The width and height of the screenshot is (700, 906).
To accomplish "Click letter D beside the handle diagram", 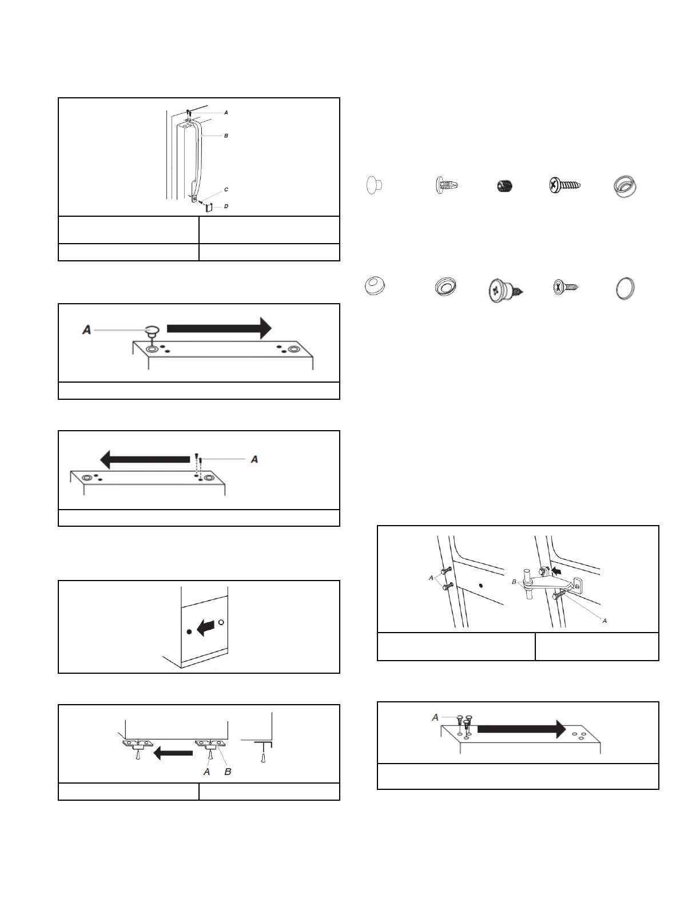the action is (226, 206).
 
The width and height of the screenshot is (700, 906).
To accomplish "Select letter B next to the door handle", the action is (226, 136).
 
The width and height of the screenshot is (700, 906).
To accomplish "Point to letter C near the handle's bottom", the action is (226, 189).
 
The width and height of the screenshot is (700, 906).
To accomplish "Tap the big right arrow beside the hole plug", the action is (219, 328).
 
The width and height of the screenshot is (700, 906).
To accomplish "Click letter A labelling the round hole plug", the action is (87, 330).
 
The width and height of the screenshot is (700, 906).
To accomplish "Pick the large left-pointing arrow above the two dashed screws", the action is (145, 459).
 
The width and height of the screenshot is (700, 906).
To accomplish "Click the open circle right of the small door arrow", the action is (221, 622).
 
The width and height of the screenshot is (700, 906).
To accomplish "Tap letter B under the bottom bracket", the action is (228, 772).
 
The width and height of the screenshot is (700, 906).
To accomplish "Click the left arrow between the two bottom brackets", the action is (173, 753).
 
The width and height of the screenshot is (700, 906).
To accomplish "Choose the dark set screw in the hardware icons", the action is (505, 186).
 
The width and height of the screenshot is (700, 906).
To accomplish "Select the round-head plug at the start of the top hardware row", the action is (373, 185).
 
